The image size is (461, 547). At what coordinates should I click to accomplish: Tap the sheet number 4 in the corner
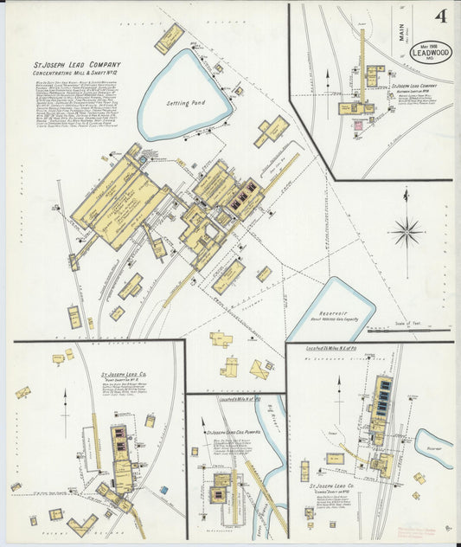pyautogui.click(x=441, y=16)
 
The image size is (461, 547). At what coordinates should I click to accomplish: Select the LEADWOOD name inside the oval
pyautogui.click(x=430, y=54)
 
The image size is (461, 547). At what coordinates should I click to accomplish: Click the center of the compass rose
pyautogui.click(x=406, y=231)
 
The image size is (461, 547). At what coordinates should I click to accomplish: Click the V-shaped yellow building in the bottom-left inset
pyautogui.click(x=83, y=524)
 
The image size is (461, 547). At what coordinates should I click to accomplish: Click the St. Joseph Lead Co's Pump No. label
pyautogui.click(x=229, y=430)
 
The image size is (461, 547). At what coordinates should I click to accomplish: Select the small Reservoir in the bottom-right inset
pyautogui.click(x=433, y=444)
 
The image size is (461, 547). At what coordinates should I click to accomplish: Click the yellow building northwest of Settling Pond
pyautogui.click(x=169, y=38)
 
